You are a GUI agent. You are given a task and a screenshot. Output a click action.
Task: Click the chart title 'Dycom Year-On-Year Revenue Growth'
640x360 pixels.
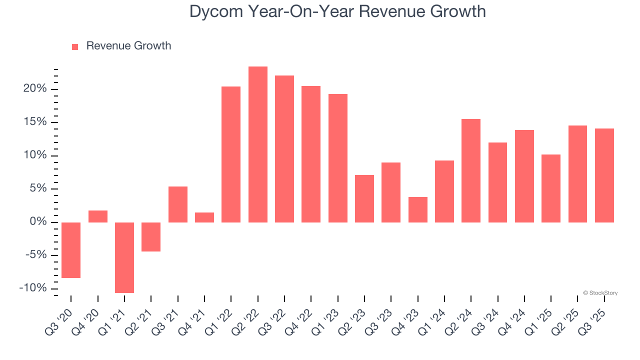[x=337, y=11]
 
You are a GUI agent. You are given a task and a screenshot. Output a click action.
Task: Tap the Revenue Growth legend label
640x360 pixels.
[x=128, y=46]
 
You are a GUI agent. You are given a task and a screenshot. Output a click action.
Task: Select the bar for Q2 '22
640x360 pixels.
[x=257, y=144]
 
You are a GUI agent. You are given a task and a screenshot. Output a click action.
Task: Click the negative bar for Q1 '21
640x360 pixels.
[x=124, y=257]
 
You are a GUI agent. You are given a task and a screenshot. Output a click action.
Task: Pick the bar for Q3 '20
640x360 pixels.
[x=71, y=250]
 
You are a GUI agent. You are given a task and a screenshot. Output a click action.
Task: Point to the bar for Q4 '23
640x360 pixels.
[x=417, y=209]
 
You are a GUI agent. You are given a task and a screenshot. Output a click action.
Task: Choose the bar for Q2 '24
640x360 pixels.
[x=471, y=170]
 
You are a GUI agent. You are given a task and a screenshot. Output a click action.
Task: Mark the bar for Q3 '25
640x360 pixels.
[x=604, y=175]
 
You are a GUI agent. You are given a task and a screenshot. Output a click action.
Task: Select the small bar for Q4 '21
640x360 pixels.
[x=204, y=217]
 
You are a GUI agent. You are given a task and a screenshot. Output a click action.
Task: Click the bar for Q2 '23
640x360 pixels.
[x=364, y=198]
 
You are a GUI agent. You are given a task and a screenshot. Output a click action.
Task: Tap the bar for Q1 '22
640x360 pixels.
[x=231, y=154]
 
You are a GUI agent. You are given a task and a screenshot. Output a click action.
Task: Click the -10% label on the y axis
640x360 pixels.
[x=33, y=288]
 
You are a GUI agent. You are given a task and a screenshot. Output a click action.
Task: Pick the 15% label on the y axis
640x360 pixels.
[x=34, y=122]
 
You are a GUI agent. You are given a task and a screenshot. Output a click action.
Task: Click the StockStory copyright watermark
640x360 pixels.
[x=600, y=293]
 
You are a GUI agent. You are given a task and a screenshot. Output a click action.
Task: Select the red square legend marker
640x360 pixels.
[x=75, y=46]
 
